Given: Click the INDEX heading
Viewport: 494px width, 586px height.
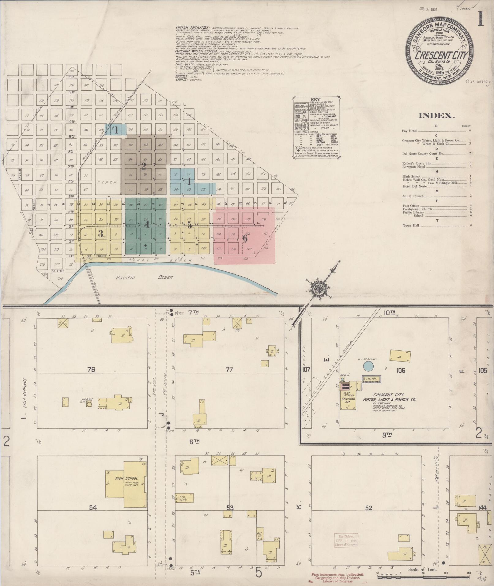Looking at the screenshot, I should (436, 115).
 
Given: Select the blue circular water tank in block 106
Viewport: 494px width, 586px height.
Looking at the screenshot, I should (368, 366).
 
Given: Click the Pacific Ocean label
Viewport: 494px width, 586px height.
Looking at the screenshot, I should (144, 278).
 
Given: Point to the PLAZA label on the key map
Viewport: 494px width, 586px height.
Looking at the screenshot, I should (107, 182).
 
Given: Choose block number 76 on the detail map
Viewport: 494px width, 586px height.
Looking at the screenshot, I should (91, 370).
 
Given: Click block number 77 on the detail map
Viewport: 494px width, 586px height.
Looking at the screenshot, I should (229, 370).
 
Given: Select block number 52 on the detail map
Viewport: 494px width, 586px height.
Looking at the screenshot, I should (368, 508).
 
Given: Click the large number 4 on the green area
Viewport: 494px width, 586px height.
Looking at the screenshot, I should (147, 225).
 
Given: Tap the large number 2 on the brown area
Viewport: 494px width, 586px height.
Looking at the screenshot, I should (143, 166).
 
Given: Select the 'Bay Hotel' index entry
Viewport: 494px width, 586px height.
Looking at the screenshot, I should (409, 131).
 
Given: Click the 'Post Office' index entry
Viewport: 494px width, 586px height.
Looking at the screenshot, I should (411, 206).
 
